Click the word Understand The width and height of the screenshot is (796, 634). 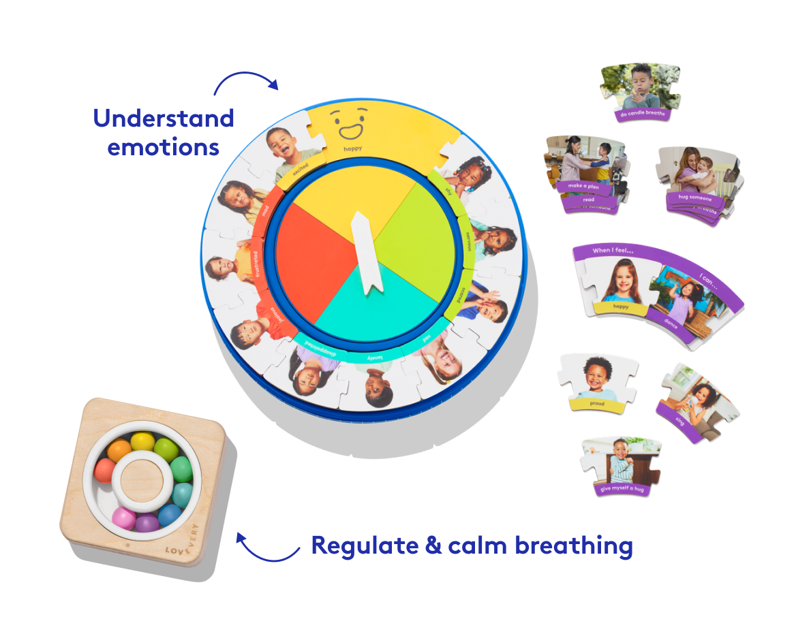[x=164, y=118]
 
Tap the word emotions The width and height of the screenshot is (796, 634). [x=164, y=146]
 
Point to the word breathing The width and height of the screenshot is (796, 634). [x=573, y=546]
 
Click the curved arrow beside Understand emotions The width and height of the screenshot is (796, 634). [x=245, y=80]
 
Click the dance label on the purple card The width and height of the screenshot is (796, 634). [x=671, y=324]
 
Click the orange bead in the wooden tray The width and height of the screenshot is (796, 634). [x=120, y=449]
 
